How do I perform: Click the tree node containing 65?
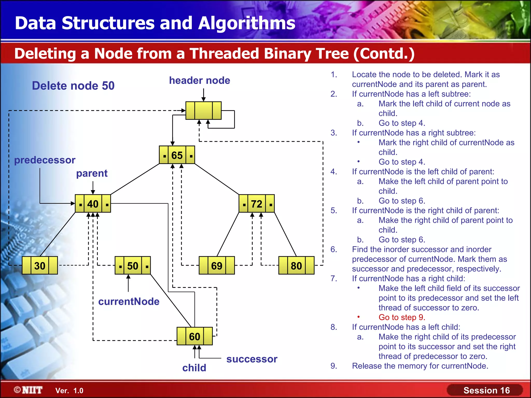[x=177, y=155]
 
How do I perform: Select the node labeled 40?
[x=93, y=204]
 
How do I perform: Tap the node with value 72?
[x=256, y=204]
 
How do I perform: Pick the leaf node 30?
[x=40, y=266]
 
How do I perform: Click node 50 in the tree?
[x=132, y=266]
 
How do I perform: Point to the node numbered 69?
[x=216, y=266]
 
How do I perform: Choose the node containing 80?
[x=296, y=266]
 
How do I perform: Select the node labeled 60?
[x=194, y=336]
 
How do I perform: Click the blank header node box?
[x=204, y=111]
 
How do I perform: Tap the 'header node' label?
[x=199, y=80]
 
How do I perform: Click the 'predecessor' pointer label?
[x=45, y=160]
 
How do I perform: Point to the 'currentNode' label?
[x=129, y=302]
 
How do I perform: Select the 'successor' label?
[x=252, y=359]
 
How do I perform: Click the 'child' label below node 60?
[x=194, y=368]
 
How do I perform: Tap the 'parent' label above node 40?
[x=92, y=173]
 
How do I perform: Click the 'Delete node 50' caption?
[x=73, y=86]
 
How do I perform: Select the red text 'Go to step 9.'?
[x=402, y=317]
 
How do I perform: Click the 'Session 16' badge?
[x=486, y=390]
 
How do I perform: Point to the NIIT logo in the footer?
[x=29, y=390]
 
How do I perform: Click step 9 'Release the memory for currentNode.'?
[x=420, y=366]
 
